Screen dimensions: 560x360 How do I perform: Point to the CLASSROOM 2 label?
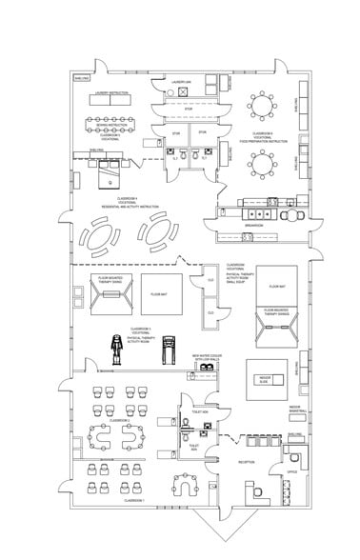pyautogui.click(x=119, y=419)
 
